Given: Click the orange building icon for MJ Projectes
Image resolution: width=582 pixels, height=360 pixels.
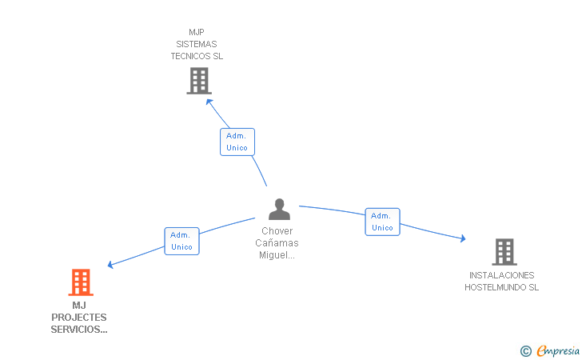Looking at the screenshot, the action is pos(81,282).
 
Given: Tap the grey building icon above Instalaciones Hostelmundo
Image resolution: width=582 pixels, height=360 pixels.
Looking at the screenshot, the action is pos(504,252).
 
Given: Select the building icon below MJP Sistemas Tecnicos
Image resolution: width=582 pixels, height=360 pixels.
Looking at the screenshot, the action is pos(199,81).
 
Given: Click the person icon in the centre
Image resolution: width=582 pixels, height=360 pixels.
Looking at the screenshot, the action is pos(280,209).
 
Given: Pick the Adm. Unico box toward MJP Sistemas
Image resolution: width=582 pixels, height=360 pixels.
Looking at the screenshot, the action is pos(237,142).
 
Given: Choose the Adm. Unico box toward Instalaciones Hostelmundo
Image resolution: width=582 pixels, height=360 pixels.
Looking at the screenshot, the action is pos(382,222).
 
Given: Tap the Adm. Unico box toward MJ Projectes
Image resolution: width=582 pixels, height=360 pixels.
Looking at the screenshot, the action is pos(182,241).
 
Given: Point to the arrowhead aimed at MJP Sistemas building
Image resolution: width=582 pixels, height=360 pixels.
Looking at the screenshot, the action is pos(209,102).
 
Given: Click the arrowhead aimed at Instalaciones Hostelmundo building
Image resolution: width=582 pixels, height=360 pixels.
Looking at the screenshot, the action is pos(462,238).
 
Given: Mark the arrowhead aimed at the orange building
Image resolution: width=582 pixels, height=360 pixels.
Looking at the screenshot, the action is pos(110,265).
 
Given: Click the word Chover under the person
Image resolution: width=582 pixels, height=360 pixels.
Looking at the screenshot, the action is pos(277,231).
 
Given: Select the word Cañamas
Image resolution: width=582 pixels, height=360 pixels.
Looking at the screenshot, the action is pos(277,243).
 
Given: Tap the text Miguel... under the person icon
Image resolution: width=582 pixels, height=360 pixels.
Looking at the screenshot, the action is pos(277,255).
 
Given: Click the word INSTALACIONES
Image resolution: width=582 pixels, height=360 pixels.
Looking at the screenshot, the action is pos(502,275).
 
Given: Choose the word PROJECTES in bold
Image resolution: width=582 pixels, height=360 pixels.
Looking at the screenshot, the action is pos(79,318).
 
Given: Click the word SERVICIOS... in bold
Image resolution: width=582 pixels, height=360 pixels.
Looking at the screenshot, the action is pos(79,330).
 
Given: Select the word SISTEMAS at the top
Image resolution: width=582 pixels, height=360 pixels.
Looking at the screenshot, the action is pos(197,44).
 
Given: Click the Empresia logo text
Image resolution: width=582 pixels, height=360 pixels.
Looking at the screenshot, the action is pos(558,350).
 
